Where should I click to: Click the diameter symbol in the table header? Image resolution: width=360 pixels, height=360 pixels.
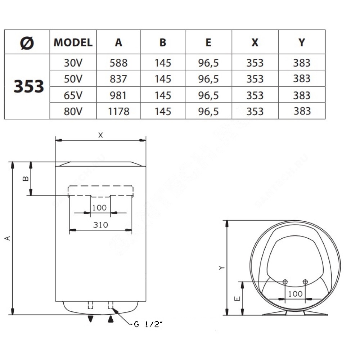coord(27,43)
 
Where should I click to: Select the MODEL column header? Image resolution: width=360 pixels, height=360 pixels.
coord(73,42)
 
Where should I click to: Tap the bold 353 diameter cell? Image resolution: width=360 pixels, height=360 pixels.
coord(29,86)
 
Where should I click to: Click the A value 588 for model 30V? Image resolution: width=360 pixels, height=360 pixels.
coord(118,63)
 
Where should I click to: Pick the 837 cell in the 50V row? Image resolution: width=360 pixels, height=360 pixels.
coord(118,79)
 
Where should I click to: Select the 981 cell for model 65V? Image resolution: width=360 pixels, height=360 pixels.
coord(118,95)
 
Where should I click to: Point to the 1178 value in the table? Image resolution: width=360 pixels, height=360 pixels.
coord(119,112)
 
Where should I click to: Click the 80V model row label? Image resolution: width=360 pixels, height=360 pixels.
coord(73,112)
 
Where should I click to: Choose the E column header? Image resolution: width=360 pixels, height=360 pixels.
coord(208,42)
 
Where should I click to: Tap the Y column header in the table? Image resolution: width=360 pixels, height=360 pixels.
coord(302,42)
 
